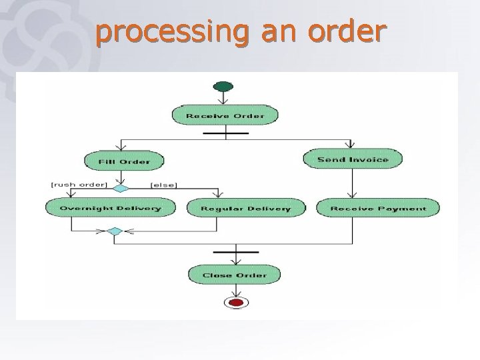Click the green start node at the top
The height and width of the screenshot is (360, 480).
click(223, 86)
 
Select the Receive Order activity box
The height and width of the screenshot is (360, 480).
click(225, 115)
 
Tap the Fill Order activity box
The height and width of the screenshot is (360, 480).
click(124, 161)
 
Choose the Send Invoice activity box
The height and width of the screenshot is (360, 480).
click(353, 159)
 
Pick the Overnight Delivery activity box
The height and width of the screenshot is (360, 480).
click(110, 208)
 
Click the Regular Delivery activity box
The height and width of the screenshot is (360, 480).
click(245, 208)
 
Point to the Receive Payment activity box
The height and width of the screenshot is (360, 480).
click(377, 208)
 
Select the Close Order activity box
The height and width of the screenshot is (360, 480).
click(234, 274)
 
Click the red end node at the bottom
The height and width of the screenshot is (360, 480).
click(235, 303)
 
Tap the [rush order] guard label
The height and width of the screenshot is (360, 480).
click(79, 184)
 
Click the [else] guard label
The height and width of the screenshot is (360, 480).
click(163, 184)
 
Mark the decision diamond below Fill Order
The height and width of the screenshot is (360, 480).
click(121, 188)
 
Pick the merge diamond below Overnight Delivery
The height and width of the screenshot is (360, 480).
click(114, 231)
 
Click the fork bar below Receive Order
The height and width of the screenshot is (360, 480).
click(226, 133)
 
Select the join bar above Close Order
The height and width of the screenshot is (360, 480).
click(235, 252)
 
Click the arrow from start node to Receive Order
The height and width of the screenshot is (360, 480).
click(223, 98)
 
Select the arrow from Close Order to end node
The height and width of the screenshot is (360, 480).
click(235, 290)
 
